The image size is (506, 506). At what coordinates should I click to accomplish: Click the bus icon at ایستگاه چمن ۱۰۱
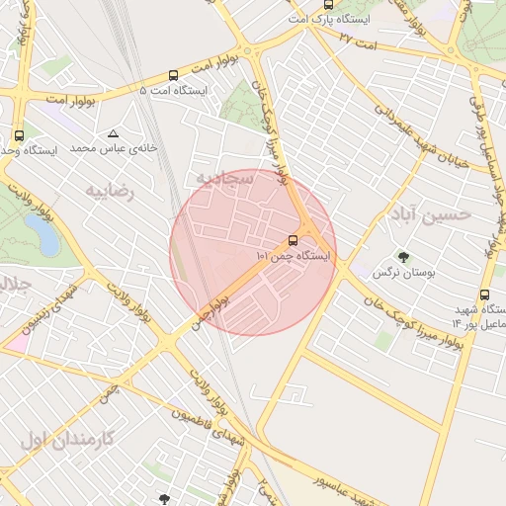point(294,240)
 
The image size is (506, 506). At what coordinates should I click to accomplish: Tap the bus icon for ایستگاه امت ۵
point(174,74)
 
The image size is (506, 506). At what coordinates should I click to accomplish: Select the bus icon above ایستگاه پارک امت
point(329,4)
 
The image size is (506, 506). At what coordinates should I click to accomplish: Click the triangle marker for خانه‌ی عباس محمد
point(114,133)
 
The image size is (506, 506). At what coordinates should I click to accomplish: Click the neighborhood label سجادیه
point(223,179)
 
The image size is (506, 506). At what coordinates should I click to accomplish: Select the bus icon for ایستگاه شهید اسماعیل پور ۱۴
point(484,295)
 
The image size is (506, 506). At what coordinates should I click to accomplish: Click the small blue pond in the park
point(42,234)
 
